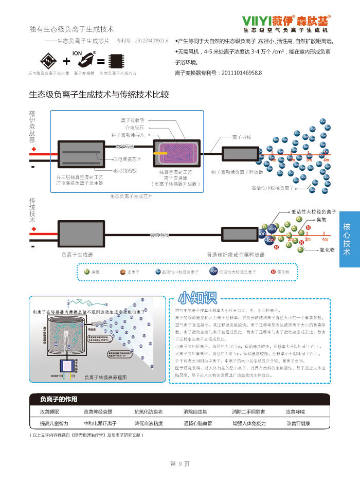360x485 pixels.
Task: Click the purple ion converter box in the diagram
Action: [174, 153]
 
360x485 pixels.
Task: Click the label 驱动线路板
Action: [125, 170]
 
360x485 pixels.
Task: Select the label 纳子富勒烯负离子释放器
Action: [237, 172]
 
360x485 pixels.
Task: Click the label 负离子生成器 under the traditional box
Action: [77, 254]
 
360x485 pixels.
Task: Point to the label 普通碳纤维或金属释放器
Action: [236, 254]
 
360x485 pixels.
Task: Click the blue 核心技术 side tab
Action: [349, 239]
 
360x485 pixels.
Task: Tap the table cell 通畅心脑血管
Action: [197, 423]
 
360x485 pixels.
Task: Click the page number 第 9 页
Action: [180, 464]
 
